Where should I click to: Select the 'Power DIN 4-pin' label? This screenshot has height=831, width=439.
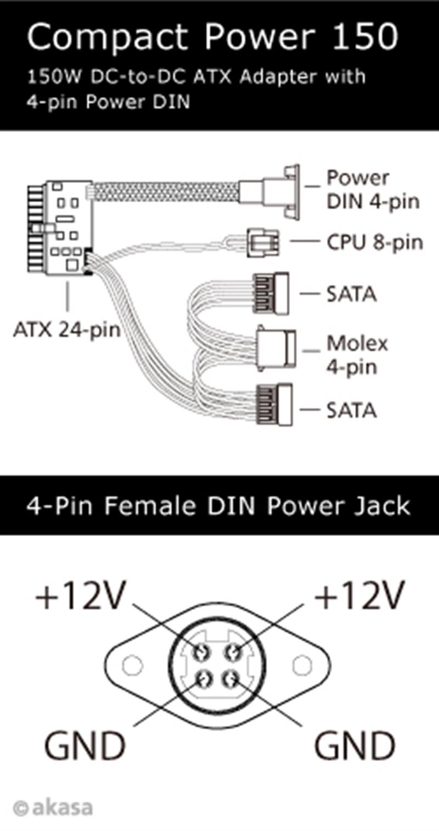(x=373, y=189)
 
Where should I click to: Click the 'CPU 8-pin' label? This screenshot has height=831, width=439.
(x=375, y=242)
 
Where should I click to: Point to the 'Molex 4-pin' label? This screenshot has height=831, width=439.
(x=357, y=355)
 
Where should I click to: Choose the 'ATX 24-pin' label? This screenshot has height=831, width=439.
(x=67, y=330)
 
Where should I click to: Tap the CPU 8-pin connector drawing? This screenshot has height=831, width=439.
(x=263, y=242)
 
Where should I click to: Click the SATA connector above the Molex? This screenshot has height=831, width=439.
(x=271, y=294)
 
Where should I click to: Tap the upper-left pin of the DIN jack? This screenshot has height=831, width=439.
(x=201, y=652)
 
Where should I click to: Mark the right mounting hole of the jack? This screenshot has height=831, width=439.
(x=302, y=666)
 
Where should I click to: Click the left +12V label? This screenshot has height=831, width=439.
(x=81, y=596)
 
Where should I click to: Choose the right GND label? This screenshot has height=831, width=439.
(x=354, y=746)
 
